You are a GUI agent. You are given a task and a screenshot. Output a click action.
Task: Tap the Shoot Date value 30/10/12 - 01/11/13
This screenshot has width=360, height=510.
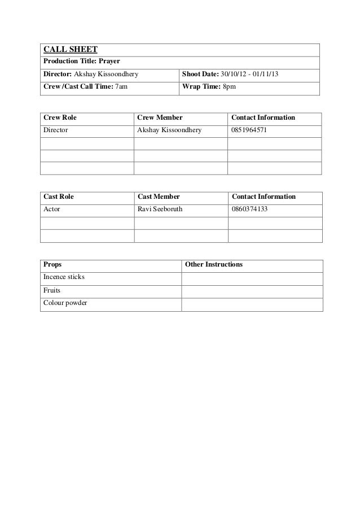(x=246, y=75)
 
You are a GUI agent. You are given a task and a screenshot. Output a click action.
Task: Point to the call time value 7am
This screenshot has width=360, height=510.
(x=121, y=88)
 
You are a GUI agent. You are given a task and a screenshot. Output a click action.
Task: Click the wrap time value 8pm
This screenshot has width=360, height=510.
(x=229, y=88)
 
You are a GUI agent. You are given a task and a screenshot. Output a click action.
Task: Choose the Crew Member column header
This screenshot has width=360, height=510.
(x=160, y=118)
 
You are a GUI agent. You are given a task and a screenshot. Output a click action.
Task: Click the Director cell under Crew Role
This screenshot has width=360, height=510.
(x=56, y=130)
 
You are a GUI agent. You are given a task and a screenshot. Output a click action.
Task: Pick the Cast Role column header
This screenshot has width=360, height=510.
(x=59, y=197)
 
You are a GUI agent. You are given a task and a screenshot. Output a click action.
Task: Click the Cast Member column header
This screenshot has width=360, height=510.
(x=159, y=197)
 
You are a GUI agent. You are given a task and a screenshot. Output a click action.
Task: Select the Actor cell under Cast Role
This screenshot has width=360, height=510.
(x=52, y=209)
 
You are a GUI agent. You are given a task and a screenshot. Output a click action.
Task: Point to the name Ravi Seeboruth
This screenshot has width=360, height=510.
(x=160, y=209)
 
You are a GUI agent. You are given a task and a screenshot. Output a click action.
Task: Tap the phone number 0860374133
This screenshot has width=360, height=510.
(x=249, y=209)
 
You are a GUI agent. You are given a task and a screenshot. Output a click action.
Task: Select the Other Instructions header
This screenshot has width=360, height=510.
(x=214, y=264)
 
